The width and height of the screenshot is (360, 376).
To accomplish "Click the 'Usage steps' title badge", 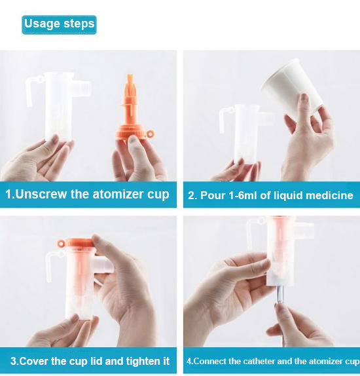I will (x=59, y=24).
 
